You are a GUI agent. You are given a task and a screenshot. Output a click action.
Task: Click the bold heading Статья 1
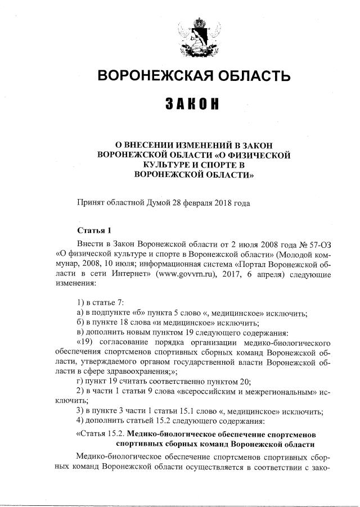pyautogui.click(x=94, y=231)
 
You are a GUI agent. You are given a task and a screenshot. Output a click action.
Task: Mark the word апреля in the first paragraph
pyautogui.click(x=268, y=274)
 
